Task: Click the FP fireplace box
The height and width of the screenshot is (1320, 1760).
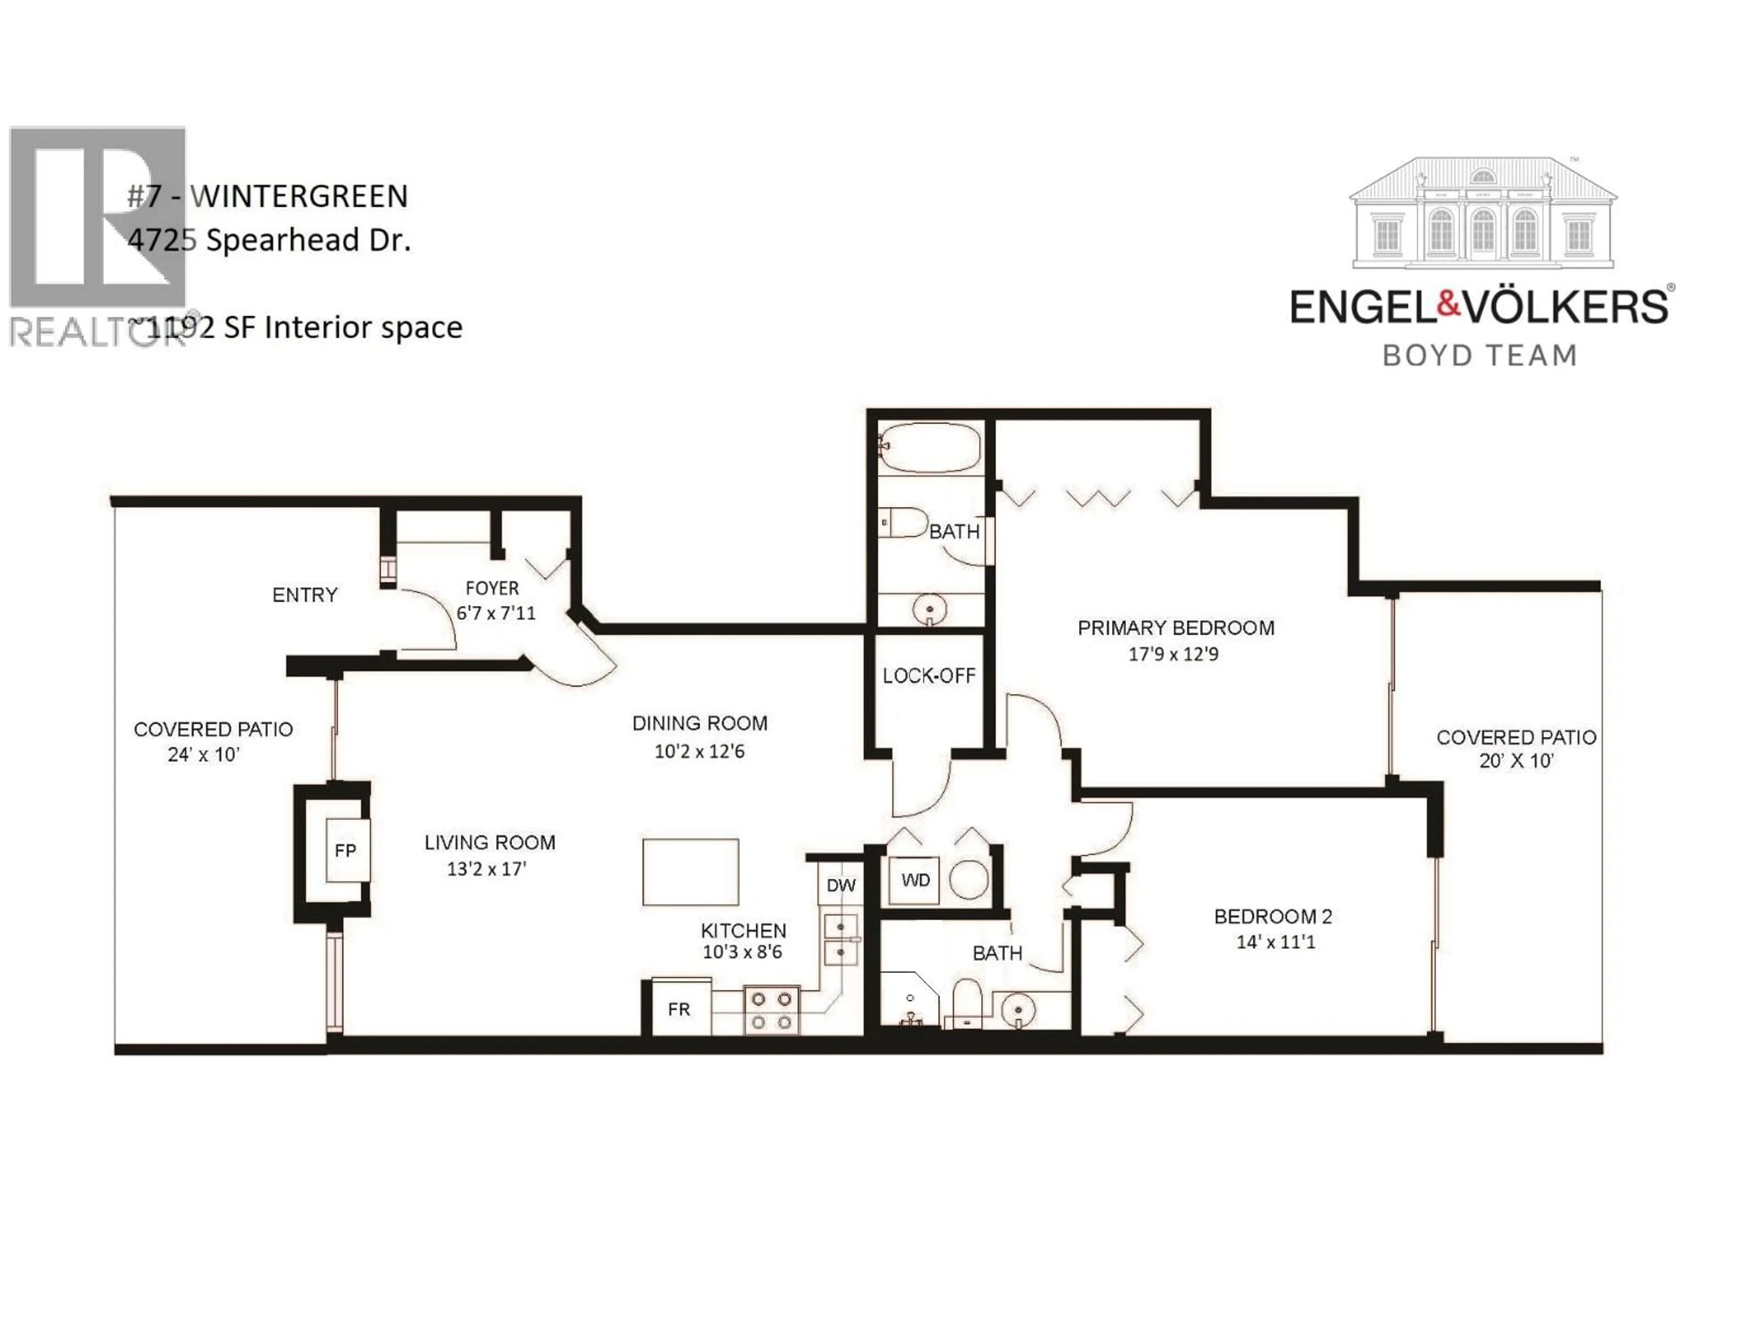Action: click(x=345, y=850)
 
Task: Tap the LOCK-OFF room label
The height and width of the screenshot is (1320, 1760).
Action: click(x=929, y=676)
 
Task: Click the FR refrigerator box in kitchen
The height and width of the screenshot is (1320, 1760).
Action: click(x=679, y=1009)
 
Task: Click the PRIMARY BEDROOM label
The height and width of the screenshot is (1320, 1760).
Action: click(x=1175, y=628)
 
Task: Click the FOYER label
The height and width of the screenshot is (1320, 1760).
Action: click(x=492, y=588)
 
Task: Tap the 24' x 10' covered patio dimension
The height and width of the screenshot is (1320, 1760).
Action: click(x=203, y=754)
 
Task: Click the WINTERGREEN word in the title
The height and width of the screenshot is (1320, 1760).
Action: click(x=299, y=196)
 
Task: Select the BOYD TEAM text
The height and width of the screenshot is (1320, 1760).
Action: click(x=1480, y=355)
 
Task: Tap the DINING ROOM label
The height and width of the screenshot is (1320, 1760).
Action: click(x=699, y=723)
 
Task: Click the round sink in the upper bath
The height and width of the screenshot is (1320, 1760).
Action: click(x=929, y=610)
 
